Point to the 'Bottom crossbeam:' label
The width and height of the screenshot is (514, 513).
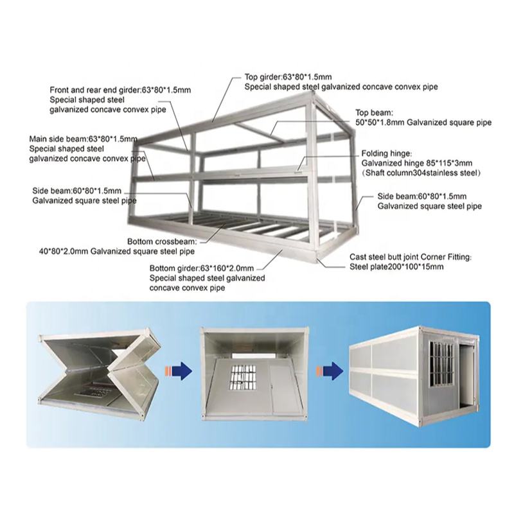point(161,241)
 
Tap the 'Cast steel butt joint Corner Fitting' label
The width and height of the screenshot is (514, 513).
point(410,256)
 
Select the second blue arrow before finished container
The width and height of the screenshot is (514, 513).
point(329,371)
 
